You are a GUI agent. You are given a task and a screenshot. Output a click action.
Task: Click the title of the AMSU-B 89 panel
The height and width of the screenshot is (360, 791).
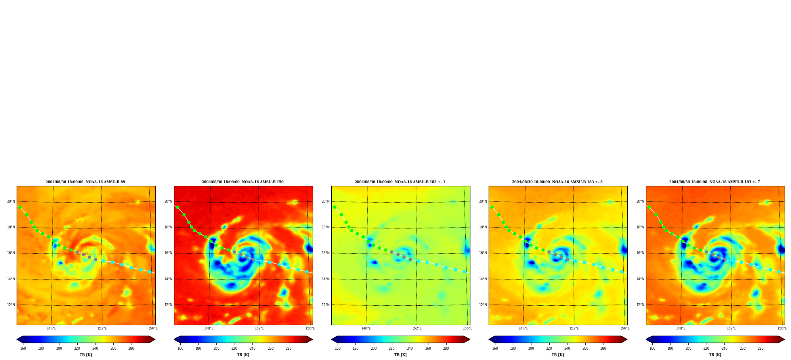click(x=85, y=182)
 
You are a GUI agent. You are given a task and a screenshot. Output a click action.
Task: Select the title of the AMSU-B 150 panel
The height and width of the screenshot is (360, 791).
click(x=243, y=182)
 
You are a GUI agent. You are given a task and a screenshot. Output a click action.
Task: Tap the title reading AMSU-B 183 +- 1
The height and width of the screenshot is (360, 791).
click(x=400, y=182)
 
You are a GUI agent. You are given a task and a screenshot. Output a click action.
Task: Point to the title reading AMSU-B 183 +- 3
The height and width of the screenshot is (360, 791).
click(x=557, y=182)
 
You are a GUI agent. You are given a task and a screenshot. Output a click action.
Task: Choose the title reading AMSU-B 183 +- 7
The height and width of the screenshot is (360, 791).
click(x=715, y=182)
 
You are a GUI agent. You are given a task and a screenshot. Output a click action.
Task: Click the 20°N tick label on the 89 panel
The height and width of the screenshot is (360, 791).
click(x=11, y=201)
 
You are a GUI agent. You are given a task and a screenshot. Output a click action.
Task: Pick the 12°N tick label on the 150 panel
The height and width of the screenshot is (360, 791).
click(x=168, y=305)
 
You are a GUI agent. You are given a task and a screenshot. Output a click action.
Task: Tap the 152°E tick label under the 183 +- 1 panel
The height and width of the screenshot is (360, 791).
click(x=417, y=328)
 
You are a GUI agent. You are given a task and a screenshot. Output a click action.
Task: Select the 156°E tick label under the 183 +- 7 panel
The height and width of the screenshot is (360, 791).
click(x=782, y=328)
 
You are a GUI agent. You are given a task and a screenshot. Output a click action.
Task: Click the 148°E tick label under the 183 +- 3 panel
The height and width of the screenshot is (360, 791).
click(x=523, y=328)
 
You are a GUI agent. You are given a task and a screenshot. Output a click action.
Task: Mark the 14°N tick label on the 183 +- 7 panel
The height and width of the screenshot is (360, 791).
click(x=640, y=279)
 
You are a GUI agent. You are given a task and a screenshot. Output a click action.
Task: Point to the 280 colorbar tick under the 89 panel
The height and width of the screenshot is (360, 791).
click(x=131, y=349)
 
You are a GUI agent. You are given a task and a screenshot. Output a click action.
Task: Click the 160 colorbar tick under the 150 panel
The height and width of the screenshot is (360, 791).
click(x=180, y=349)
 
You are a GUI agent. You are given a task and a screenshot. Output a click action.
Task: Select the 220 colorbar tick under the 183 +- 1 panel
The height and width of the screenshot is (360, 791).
click(x=392, y=349)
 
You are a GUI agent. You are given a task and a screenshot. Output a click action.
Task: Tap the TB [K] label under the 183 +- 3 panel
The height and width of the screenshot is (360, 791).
click(x=558, y=355)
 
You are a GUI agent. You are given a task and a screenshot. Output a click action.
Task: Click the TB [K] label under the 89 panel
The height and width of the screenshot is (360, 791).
click(x=86, y=355)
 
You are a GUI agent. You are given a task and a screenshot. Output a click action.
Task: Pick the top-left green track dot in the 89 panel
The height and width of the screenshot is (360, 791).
click(x=20, y=207)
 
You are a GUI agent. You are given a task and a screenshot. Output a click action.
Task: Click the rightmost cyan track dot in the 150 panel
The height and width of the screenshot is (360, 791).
click(x=307, y=272)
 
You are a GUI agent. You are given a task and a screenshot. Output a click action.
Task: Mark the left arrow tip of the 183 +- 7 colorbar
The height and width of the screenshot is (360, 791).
click(x=646, y=339)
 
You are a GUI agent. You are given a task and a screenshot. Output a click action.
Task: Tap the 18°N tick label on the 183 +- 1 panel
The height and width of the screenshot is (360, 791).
click(x=325, y=227)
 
